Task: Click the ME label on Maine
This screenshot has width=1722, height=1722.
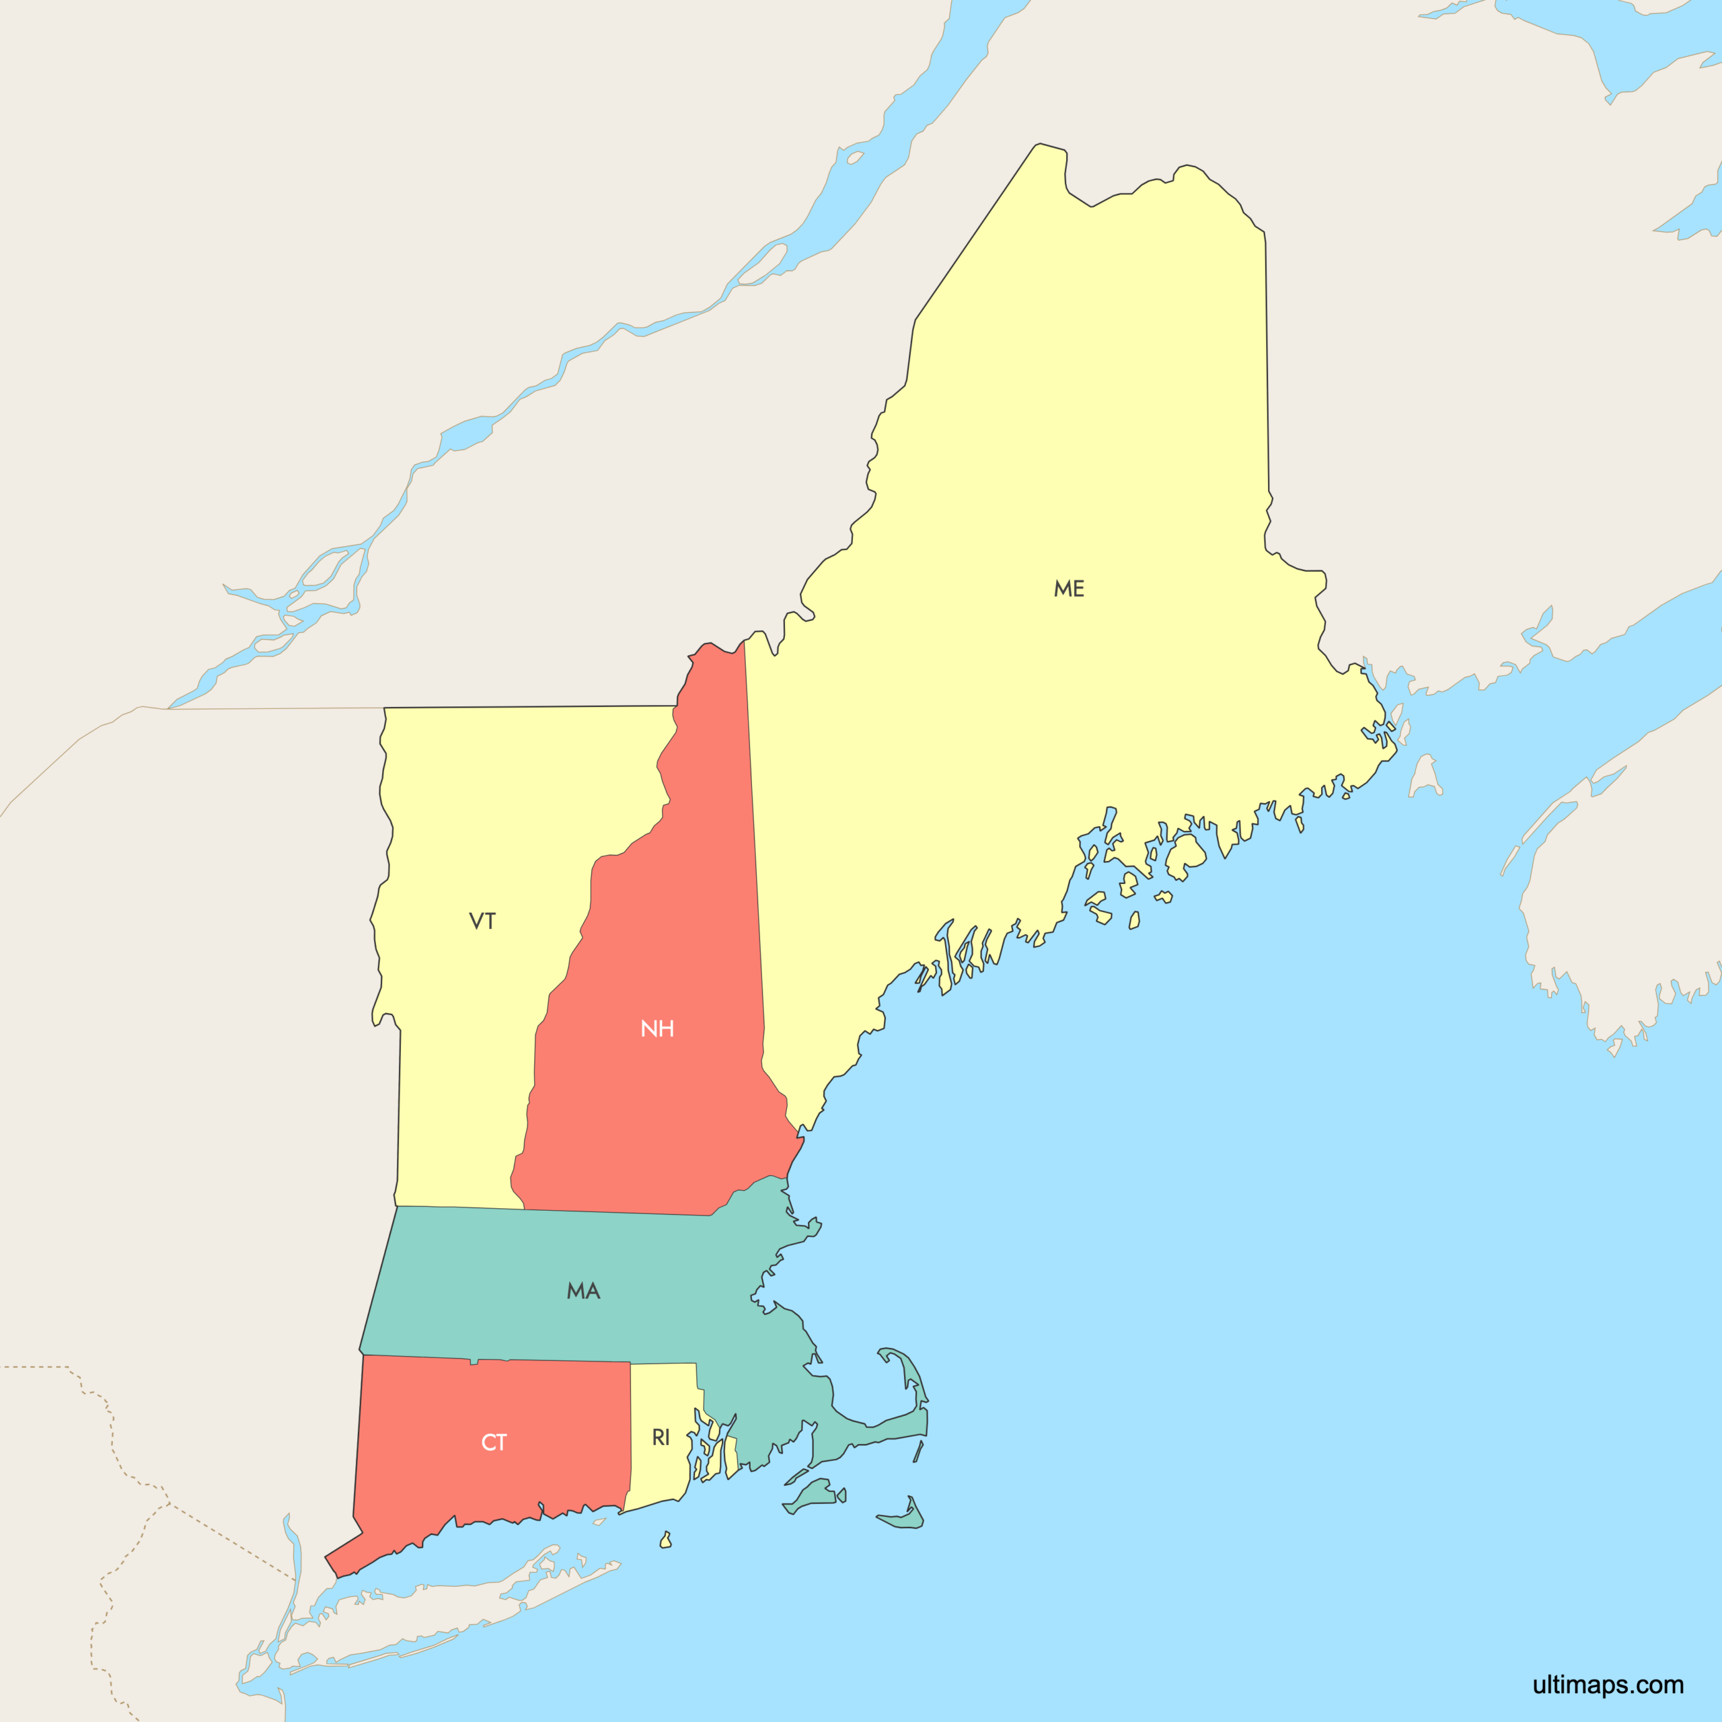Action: click(1069, 589)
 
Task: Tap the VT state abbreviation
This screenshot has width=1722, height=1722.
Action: click(482, 921)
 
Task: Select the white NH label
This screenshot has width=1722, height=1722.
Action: click(657, 1028)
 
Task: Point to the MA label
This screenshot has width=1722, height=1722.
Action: click(584, 1291)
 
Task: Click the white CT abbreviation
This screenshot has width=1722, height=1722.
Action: click(494, 1442)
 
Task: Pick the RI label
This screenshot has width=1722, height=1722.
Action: click(661, 1437)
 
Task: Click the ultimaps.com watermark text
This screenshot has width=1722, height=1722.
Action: click(1607, 1684)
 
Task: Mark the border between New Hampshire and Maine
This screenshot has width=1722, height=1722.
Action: click(755, 856)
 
